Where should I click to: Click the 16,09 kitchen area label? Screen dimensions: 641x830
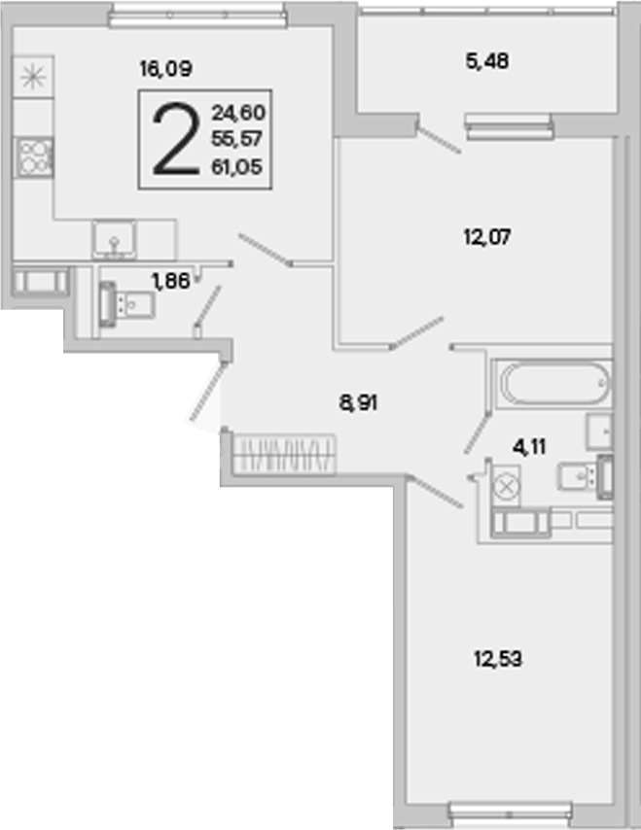[x=165, y=69]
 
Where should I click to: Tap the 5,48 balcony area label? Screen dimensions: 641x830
[x=487, y=61]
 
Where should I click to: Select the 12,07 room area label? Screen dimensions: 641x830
[x=487, y=237]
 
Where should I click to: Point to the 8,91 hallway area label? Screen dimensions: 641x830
[x=358, y=403]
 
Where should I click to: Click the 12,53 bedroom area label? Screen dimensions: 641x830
[x=498, y=659]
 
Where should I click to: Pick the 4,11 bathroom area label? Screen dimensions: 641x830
[x=529, y=447]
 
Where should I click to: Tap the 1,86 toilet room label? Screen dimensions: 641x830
[x=170, y=281]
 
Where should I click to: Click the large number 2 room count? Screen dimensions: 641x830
[x=176, y=139]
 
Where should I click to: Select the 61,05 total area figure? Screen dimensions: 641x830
[x=236, y=167]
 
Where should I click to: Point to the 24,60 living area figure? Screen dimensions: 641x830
[x=238, y=113]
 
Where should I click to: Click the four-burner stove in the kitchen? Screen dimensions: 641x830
[x=34, y=157]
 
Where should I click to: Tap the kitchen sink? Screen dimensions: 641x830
[x=114, y=240]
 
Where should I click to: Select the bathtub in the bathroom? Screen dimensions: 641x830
[x=552, y=383]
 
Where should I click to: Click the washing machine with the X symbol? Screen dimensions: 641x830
[x=506, y=487]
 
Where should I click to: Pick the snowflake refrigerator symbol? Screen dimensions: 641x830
[x=33, y=78]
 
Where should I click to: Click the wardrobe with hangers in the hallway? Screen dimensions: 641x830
[x=284, y=454]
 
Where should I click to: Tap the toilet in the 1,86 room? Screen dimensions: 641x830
[x=127, y=305]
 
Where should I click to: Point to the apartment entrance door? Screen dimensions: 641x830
[x=207, y=391]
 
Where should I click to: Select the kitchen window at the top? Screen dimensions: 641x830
[x=197, y=16]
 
